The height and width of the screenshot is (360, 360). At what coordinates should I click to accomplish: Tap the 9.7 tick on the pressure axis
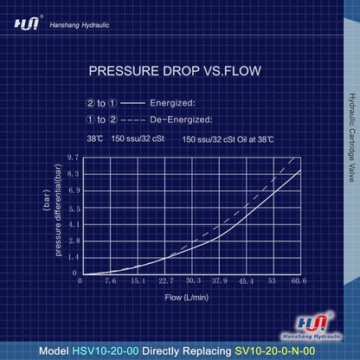(71, 157)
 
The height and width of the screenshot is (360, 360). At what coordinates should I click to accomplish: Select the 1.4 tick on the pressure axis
(71, 257)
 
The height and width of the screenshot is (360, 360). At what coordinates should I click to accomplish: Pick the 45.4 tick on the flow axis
(246, 281)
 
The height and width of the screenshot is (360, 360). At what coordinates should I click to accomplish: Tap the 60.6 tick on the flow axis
(299, 281)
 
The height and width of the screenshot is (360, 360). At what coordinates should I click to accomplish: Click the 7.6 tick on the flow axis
(110, 281)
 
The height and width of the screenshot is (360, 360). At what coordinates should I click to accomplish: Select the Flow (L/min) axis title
(187, 297)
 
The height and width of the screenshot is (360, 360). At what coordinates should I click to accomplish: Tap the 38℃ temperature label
(95, 138)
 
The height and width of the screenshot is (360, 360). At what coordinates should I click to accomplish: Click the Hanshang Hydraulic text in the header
(82, 26)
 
